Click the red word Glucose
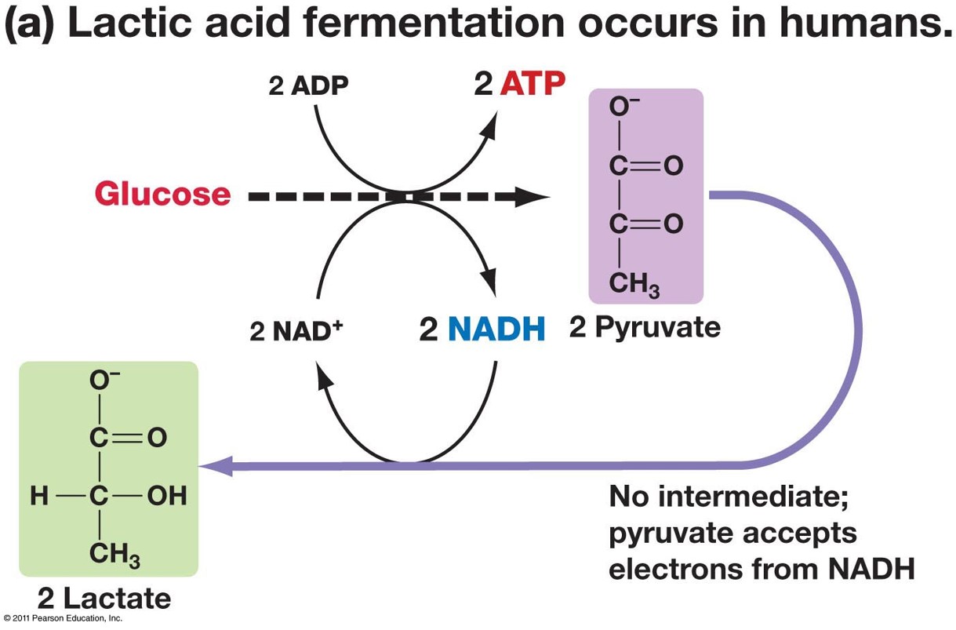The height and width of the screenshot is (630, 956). coord(162,194)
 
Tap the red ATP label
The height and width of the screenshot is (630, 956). coord(533,84)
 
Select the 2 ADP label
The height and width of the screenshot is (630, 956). coord(308,86)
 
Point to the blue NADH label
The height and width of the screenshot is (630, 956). coord(496,330)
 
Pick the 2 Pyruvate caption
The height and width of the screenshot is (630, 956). coord(645,327)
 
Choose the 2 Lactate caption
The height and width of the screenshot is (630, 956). coord(104,599)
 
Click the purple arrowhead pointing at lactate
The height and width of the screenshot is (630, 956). coord(213,467)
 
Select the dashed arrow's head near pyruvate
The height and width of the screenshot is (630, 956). coord(534,196)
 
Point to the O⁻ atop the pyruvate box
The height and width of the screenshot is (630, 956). coord(620,110)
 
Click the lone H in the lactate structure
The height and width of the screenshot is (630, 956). coord(38,496)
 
